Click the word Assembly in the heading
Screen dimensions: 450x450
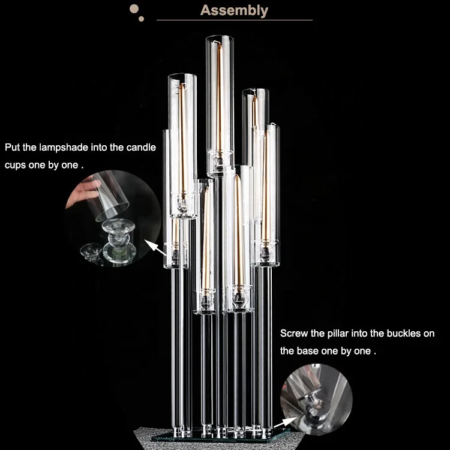tap(234, 10)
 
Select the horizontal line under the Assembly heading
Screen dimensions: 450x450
tap(235, 20)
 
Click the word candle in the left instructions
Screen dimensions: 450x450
tap(142, 147)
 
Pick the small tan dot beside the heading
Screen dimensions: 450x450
tap(142, 19)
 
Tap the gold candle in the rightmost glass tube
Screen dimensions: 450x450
tap(265, 180)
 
